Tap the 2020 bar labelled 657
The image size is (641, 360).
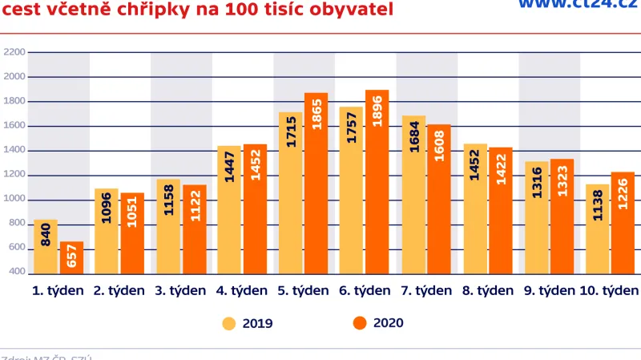[72, 257]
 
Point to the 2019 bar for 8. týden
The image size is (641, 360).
[475, 209]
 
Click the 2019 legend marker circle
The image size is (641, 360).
[229, 323]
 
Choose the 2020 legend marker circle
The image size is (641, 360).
[360, 323]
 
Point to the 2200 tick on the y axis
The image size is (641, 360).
[15, 52]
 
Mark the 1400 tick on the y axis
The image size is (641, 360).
[15, 151]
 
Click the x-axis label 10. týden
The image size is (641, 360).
[608, 290]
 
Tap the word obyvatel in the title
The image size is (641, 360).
[354, 10]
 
